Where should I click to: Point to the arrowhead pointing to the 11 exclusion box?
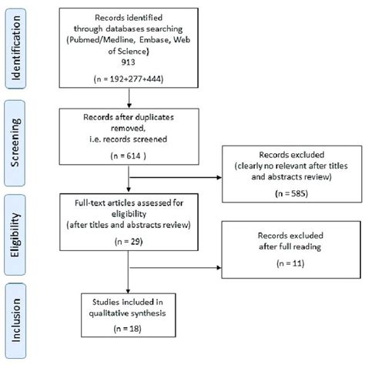click(217, 270)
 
